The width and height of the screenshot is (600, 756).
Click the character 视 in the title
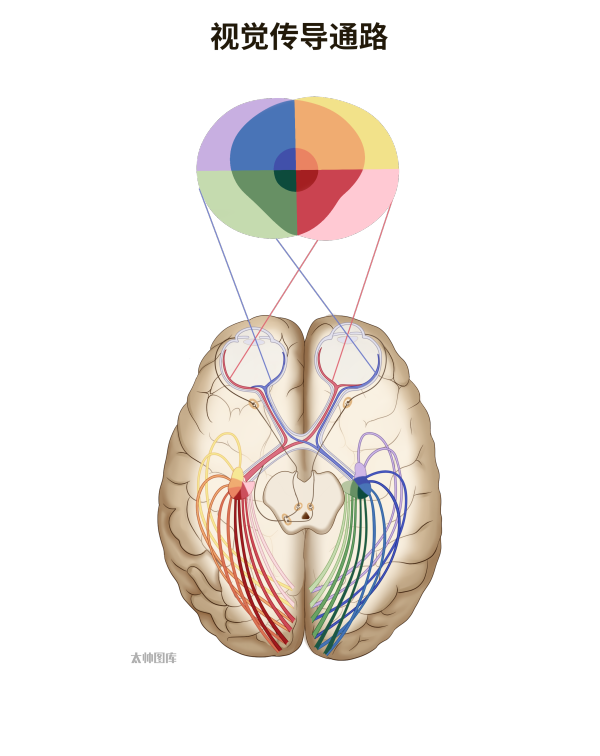coord(225,37)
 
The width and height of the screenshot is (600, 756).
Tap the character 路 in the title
coord(373,37)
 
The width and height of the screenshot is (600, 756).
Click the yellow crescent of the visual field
coord(381,135)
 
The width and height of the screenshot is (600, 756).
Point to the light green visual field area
coord(227,202)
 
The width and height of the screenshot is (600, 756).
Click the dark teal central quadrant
coord(286,180)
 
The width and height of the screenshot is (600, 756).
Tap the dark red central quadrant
coord(306,179)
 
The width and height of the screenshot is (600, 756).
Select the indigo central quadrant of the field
coord(286,160)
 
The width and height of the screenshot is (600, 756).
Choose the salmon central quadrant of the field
coord(306,160)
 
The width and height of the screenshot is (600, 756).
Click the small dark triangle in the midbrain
coord(306,515)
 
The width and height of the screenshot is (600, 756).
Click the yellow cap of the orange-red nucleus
coord(237,474)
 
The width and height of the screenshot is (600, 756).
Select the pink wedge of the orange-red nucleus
coord(248,489)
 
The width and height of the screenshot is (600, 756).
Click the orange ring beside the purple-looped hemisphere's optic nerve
coord(347,401)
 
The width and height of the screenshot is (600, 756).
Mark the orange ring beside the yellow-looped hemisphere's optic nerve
coord(254,404)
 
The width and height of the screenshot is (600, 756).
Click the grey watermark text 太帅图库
coord(154,658)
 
